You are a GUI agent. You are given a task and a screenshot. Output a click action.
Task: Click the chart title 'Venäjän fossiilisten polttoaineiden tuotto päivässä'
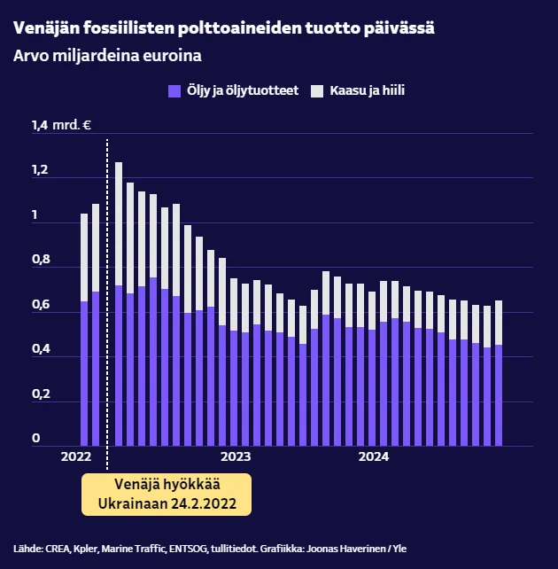point(224,28)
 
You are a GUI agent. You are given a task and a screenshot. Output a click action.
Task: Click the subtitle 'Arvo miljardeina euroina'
point(108,56)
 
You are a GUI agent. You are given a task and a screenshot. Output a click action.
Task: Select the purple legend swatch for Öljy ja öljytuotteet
point(174,90)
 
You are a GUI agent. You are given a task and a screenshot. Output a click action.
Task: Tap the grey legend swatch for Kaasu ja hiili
point(317,90)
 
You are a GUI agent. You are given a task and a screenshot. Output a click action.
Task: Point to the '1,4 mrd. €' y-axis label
point(62,125)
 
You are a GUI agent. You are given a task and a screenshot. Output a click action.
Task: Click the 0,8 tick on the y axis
point(42,260)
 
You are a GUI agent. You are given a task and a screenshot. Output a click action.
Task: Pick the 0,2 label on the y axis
point(42,394)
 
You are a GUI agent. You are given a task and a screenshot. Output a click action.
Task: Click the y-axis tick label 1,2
point(41,170)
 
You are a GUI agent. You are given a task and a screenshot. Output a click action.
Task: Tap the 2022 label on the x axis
point(76,457)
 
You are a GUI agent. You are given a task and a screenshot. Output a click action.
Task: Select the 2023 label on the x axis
point(235,457)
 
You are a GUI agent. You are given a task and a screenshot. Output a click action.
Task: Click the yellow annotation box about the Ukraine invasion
point(167,494)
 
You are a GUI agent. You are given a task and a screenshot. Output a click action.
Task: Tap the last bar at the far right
point(499,373)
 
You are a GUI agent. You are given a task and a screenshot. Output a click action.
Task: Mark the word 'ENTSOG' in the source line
point(187,549)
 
